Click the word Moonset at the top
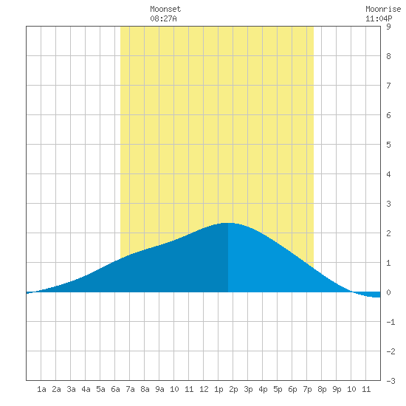pos(165,9)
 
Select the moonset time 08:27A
pos(163,18)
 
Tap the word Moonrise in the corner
pos(383,9)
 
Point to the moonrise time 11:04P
pos(379,18)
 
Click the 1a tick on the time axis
pos(41,389)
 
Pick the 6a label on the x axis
pos(115,389)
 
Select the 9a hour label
pos(159,389)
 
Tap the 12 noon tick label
pos(204,389)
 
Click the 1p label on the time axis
pos(219,389)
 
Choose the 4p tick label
pos(263,389)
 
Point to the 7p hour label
pos(307,389)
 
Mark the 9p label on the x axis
pos(337,389)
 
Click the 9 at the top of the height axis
pos(388,27)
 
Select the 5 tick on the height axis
pos(388,145)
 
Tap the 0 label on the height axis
pos(388,292)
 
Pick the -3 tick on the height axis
pos(390,381)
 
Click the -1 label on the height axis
pos(390,322)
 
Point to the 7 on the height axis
pos(388,86)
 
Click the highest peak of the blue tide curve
pos(228,223)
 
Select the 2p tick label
pos(233,389)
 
